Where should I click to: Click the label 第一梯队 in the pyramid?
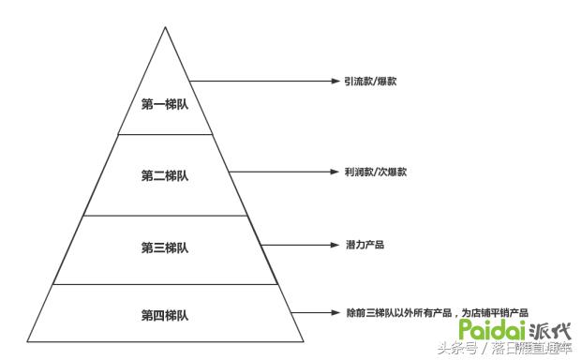pyautogui.click(x=165, y=104)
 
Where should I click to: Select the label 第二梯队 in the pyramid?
pyautogui.click(x=165, y=175)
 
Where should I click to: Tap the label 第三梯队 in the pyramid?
pyautogui.click(x=165, y=247)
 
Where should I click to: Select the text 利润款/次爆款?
pyautogui.click(x=368, y=172)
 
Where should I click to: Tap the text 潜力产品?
pyautogui.click(x=365, y=245)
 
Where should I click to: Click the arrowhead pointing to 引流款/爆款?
pyautogui.click(x=332, y=82)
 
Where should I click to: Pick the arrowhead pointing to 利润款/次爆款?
pyautogui.click(x=332, y=172)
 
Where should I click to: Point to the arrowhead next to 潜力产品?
pyautogui.click(x=332, y=245)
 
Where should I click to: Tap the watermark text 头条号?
pyautogui.click(x=457, y=349)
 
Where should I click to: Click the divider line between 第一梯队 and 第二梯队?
pyautogui.click(x=166, y=134)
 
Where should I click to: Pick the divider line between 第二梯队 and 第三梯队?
pyautogui.click(x=166, y=215)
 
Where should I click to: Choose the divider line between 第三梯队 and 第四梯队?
pyautogui.click(x=166, y=284)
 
